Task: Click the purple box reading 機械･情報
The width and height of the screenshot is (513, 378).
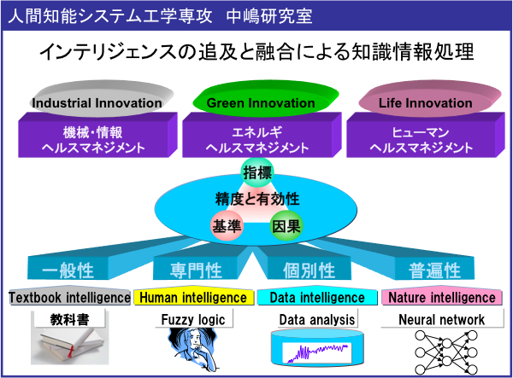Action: click(97, 135)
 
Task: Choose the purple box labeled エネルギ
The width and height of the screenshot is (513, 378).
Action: click(262, 135)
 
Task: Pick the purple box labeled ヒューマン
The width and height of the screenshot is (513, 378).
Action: click(426, 135)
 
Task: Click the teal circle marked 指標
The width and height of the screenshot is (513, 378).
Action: click(257, 172)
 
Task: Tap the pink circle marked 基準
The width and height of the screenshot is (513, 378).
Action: click(227, 225)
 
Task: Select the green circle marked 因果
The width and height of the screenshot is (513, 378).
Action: click(286, 225)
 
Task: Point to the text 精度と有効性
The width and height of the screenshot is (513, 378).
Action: click(257, 199)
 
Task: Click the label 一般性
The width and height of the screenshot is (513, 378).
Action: click(68, 270)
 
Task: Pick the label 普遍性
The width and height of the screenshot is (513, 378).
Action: click(434, 270)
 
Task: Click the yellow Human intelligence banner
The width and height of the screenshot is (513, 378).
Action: click(194, 296)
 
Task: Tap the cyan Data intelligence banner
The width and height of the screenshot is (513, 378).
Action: click(317, 296)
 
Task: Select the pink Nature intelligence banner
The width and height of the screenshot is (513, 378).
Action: click(442, 296)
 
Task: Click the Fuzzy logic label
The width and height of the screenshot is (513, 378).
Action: click(193, 320)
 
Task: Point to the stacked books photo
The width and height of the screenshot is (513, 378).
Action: click(70, 346)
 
